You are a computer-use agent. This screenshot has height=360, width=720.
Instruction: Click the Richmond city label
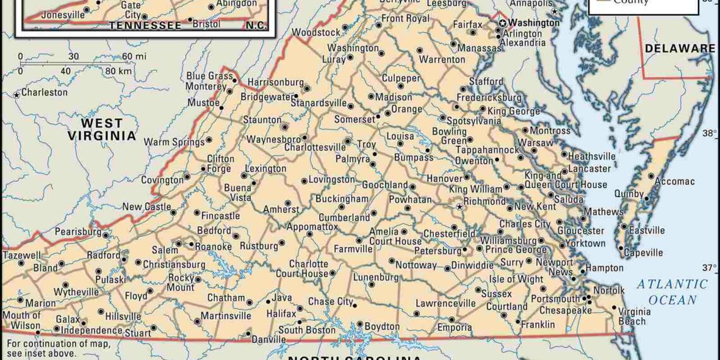[x=486, y=201]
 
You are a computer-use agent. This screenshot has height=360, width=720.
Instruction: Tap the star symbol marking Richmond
[x=460, y=207]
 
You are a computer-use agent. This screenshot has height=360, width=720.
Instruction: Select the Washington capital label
[x=535, y=23]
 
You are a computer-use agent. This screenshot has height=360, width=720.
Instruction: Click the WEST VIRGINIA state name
[x=102, y=129]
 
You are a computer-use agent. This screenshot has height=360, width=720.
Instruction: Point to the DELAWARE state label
[x=680, y=48]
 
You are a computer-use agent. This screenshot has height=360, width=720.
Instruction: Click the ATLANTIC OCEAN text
[x=672, y=292]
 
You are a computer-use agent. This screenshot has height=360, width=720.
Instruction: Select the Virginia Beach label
[x=634, y=316]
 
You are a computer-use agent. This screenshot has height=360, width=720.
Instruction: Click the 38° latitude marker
[x=710, y=133]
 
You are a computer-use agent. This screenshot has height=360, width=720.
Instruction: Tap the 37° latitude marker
[x=710, y=267]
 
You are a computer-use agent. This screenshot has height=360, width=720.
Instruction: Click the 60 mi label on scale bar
[x=134, y=56]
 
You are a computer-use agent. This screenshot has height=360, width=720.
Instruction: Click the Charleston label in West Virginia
[x=44, y=92]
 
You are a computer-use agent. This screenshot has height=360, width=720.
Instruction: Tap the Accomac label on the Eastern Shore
[x=674, y=181]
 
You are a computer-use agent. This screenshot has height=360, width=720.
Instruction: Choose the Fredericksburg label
[x=489, y=98]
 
